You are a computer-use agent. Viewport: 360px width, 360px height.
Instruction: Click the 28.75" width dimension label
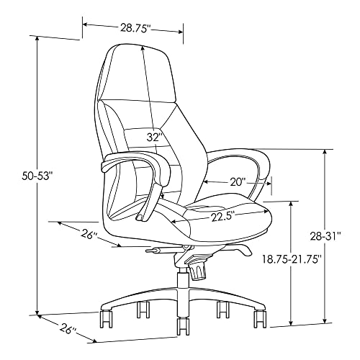click(135, 28)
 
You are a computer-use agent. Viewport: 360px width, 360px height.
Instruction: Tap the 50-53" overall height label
click(37, 176)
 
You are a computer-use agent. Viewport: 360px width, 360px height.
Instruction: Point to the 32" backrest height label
click(153, 137)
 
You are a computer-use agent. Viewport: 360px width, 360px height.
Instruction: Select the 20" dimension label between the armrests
click(237, 182)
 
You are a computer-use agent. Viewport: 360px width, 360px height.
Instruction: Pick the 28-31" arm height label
click(326, 236)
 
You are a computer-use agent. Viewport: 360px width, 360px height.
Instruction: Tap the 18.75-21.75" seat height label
click(292, 259)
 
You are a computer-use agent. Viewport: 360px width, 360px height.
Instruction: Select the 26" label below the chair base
click(68, 329)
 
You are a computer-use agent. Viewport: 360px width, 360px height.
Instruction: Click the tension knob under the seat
click(198, 271)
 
